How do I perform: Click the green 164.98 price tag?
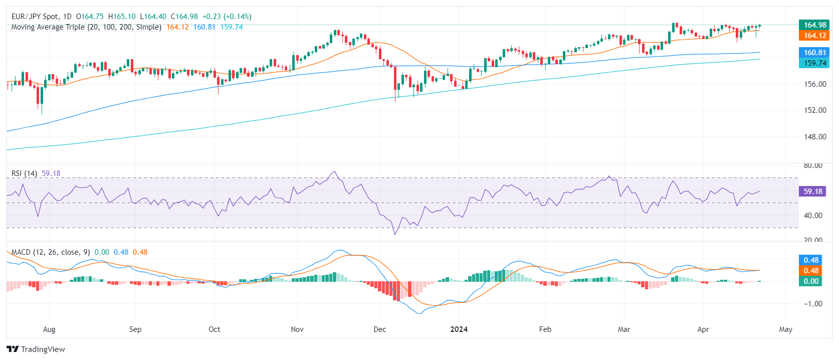click(814, 25)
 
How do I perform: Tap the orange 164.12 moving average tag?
click(814, 36)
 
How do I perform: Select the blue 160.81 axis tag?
click(814, 53)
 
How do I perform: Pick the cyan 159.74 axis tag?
click(814, 63)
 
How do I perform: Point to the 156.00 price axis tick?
click(815, 84)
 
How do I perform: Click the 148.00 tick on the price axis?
click(815, 136)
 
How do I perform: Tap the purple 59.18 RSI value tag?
click(812, 192)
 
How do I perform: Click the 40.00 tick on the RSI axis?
click(813, 216)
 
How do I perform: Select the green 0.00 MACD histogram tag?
click(811, 281)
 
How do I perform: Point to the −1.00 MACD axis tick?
click(813, 304)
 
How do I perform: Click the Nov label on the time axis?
click(297, 329)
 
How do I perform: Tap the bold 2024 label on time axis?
click(459, 329)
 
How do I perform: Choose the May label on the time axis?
click(785, 329)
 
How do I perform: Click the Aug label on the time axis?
click(49, 329)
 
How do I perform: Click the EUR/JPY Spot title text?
click(35, 17)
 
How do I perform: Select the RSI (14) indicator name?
click(24, 173)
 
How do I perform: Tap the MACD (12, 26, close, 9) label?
click(51, 252)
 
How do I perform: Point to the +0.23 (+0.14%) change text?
click(227, 17)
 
